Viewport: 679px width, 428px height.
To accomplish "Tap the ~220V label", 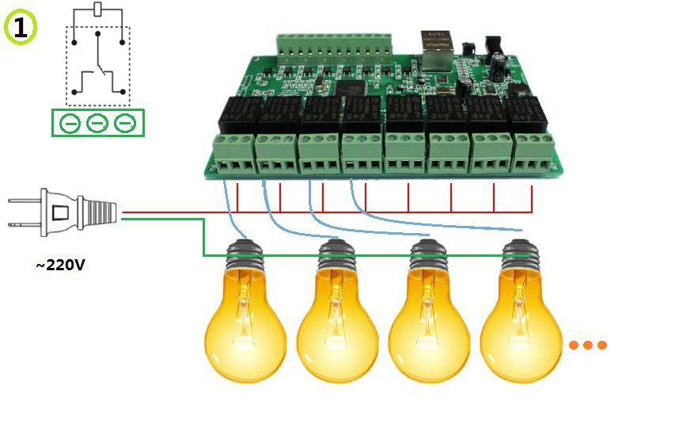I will [60, 265].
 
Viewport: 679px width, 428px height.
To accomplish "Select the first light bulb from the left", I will [245, 317].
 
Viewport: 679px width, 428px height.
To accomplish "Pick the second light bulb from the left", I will [337, 317].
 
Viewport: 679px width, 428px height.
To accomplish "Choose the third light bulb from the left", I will [429, 317].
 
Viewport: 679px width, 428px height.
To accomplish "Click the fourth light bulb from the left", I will [521, 317].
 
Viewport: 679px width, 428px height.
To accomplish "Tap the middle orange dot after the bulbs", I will [588, 346].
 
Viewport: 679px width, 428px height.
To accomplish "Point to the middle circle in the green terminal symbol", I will [97, 124].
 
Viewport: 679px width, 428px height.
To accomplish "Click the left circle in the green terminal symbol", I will [70, 124].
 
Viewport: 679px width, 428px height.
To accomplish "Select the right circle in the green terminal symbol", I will [125, 124].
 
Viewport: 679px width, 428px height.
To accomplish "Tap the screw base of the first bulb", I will [245, 255].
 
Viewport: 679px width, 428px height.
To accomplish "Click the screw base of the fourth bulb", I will [521, 255].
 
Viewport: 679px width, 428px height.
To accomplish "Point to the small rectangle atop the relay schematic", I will [97, 9].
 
